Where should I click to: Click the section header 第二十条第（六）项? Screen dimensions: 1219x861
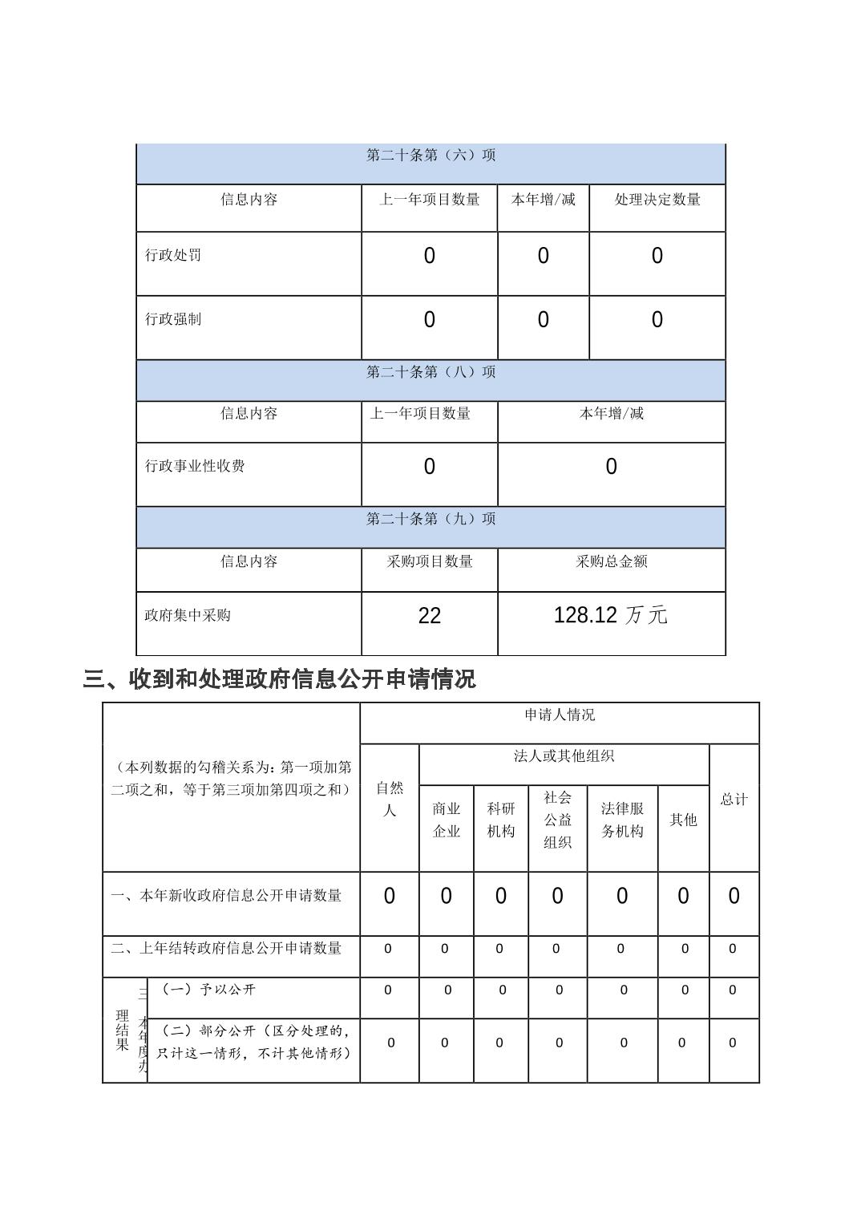[x=430, y=156]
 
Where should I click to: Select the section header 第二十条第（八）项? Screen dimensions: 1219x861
[x=430, y=372]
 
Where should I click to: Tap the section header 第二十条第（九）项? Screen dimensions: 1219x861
[x=430, y=519]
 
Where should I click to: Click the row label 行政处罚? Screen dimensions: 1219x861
[x=173, y=255]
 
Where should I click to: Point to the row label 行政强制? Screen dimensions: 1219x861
[x=173, y=319]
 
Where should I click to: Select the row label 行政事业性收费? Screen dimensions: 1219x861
[x=195, y=466]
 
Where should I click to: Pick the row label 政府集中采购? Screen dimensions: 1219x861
[x=188, y=615]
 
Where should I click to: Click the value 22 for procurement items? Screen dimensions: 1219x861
[x=430, y=616]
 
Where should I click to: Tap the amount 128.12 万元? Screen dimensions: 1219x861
[x=611, y=615]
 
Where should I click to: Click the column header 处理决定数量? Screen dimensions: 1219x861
[x=657, y=200]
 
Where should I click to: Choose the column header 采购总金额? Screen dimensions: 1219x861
[x=611, y=561]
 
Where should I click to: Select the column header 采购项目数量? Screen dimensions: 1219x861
[x=430, y=561]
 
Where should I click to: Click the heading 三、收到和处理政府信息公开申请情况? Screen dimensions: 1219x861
[x=279, y=679]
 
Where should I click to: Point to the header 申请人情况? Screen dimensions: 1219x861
[x=560, y=715]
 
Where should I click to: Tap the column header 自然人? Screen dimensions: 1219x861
[x=390, y=799]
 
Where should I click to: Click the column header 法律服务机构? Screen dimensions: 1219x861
[x=622, y=820]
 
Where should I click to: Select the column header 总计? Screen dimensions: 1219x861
[x=734, y=799]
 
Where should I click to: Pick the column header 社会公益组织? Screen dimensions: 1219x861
[x=557, y=820]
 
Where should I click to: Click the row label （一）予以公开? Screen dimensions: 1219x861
[x=208, y=990]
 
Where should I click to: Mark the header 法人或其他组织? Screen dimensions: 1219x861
[x=564, y=756]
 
